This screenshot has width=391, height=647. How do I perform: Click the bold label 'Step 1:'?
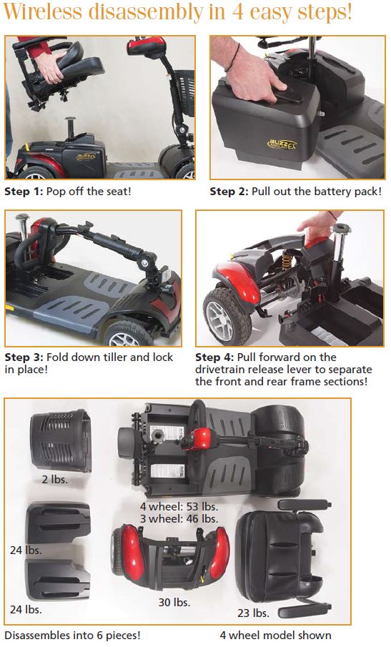click(23, 192)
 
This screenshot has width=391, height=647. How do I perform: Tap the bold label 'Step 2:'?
click(229, 192)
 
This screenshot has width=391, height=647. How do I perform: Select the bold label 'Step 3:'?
click(24, 357)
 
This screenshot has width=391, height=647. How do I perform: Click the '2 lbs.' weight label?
click(55, 480)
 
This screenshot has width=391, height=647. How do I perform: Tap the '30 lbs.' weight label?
click(174, 603)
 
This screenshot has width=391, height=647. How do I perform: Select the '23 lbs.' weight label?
click(253, 613)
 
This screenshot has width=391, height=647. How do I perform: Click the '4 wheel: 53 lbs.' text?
click(179, 506)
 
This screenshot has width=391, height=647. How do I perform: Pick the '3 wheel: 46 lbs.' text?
click(179, 518)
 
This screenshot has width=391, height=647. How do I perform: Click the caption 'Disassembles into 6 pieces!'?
click(73, 635)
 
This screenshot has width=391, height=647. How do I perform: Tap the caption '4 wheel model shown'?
click(275, 635)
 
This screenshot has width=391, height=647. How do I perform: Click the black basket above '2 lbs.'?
click(61, 440)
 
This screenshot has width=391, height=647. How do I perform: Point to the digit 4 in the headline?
click(237, 12)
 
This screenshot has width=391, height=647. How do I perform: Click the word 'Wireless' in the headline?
click(44, 12)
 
